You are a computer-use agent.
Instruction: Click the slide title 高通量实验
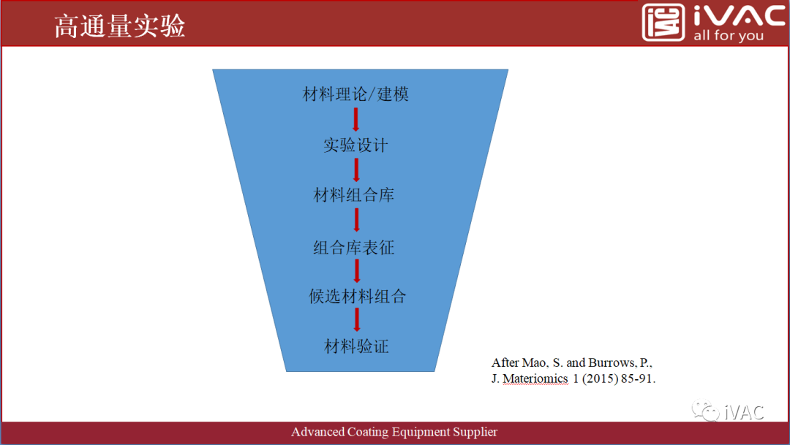point(120,27)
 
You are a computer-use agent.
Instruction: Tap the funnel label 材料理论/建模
point(355,94)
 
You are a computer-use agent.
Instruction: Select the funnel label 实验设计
point(355,145)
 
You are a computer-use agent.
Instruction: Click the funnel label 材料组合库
point(354,195)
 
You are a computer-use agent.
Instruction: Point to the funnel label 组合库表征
point(354,248)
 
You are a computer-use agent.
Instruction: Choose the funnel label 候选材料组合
point(357,297)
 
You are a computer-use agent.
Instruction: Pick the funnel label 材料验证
point(356,346)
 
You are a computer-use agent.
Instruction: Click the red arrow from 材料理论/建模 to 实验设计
point(356,119)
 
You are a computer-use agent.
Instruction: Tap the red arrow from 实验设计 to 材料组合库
point(356,170)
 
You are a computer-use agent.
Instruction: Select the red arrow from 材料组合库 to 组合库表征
point(356,221)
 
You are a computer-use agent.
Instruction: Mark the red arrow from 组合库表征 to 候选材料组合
point(356,271)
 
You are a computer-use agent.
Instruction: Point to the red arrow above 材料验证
point(356,321)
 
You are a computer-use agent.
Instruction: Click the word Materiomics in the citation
point(535,379)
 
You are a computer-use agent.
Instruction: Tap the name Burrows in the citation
point(613,362)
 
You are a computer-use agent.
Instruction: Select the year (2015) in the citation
point(602,379)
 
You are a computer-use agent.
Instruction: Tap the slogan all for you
point(728,36)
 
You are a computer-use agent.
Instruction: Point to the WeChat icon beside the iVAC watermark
point(705,411)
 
